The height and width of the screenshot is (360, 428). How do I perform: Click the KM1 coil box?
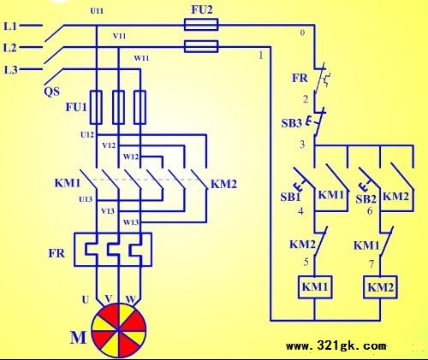coord(315,287)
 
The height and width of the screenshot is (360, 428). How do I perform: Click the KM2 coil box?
coord(380,287)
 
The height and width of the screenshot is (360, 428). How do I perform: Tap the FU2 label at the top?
coord(202,10)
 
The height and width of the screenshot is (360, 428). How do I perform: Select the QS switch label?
coord(52,91)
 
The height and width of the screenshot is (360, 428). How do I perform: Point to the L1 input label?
coord(10,27)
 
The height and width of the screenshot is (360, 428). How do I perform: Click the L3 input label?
coord(11,69)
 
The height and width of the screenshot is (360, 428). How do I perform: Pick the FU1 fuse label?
coord(76,108)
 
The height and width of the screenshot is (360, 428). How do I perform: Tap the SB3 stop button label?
coord(291,123)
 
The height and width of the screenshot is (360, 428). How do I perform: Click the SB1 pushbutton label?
coord(290,197)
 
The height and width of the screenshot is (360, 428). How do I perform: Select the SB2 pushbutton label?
coord(366,198)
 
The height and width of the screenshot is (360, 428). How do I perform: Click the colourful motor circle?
coord(119,330)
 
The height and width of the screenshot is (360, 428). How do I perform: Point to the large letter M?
coord(78,337)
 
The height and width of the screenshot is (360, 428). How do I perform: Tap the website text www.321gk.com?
coord(336,346)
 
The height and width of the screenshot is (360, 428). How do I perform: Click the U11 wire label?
coord(97,11)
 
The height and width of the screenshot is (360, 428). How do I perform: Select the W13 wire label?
coord(131,222)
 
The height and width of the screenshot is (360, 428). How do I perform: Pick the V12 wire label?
coord(109,145)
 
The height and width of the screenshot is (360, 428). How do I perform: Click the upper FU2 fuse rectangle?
coord(201,25)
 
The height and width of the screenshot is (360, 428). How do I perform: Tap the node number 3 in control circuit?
coord(302,145)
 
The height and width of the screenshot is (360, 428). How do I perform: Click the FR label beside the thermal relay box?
coord(56,253)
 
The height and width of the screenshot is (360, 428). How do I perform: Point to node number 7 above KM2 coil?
coord(371,264)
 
